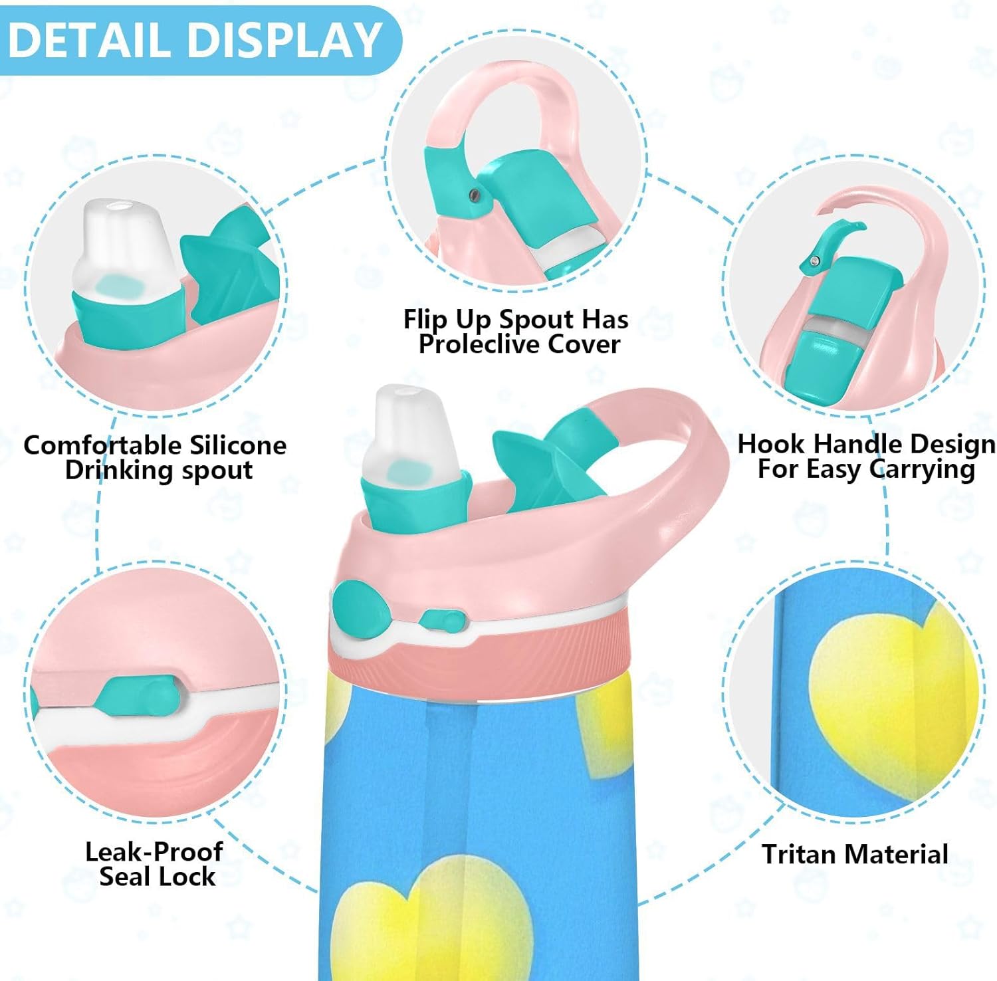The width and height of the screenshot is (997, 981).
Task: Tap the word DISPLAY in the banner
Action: click(284, 41)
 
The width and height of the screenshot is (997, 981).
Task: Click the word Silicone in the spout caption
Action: click(238, 445)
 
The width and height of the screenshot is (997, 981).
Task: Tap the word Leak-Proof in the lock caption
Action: click(154, 851)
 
